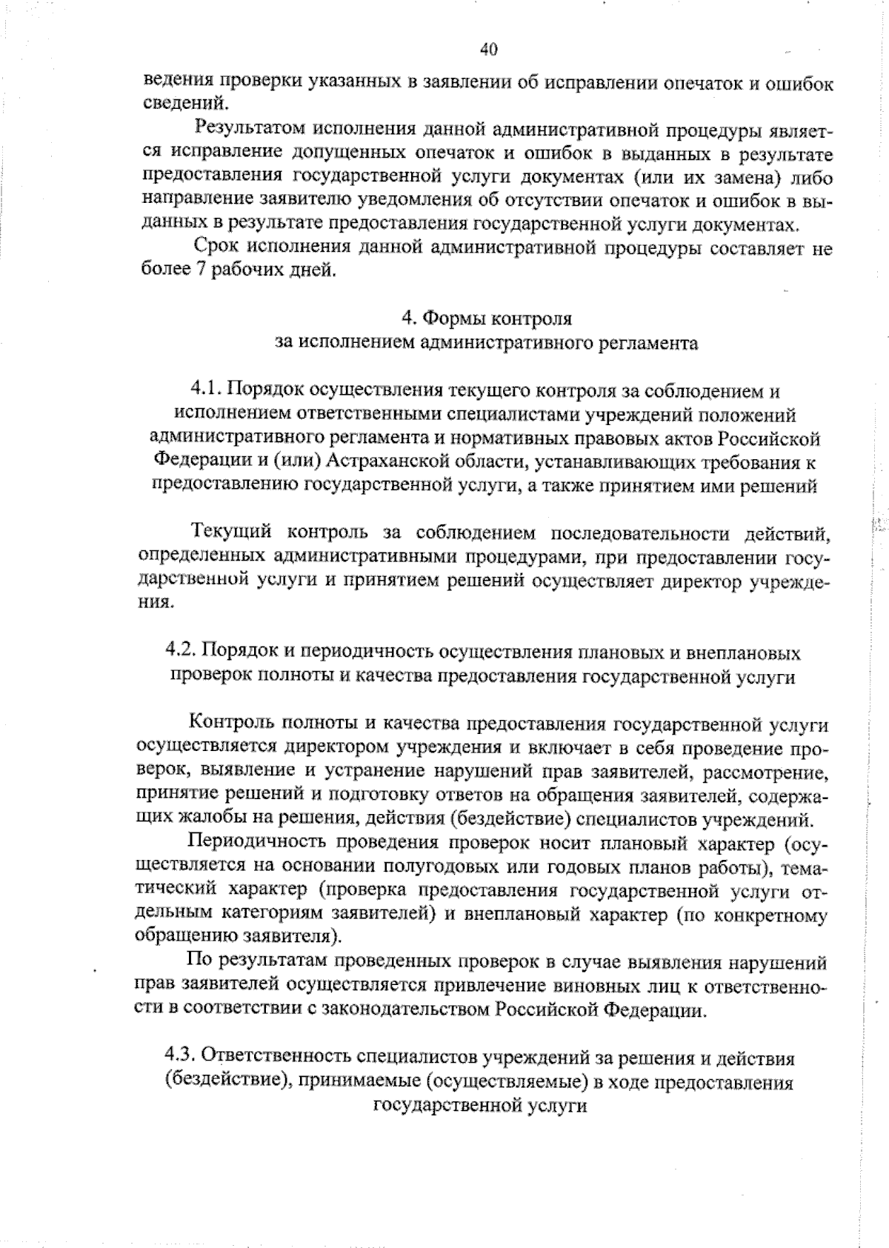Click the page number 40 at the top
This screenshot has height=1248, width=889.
(488, 50)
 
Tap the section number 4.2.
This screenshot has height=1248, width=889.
(180, 653)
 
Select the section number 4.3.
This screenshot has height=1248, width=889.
(180, 1055)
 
